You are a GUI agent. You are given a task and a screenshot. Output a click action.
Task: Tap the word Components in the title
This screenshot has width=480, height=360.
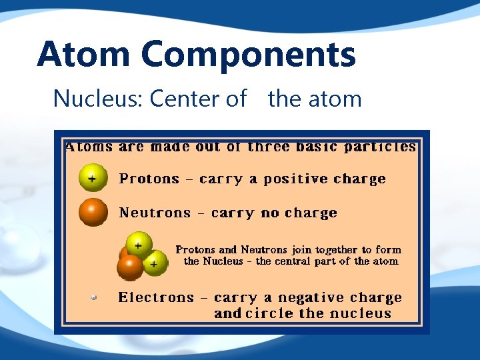click(x=249, y=55)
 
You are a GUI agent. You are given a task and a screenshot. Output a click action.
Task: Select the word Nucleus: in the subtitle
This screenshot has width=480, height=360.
click(x=98, y=99)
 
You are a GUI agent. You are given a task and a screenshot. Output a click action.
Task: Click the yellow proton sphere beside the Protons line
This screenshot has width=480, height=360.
click(x=93, y=178)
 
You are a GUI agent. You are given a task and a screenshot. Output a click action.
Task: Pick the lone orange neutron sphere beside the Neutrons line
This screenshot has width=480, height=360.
click(x=93, y=212)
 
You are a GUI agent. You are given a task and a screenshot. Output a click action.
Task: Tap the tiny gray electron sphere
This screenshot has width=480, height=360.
click(x=94, y=297)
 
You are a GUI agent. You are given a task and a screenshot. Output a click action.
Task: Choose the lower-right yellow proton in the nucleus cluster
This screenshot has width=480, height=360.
click(x=155, y=263)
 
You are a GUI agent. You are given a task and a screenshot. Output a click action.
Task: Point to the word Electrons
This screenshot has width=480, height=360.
click(x=156, y=297)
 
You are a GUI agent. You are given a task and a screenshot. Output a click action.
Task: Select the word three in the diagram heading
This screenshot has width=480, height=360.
click(x=269, y=147)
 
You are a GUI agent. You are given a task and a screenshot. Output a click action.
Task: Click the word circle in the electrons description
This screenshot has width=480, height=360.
click(x=271, y=313)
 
